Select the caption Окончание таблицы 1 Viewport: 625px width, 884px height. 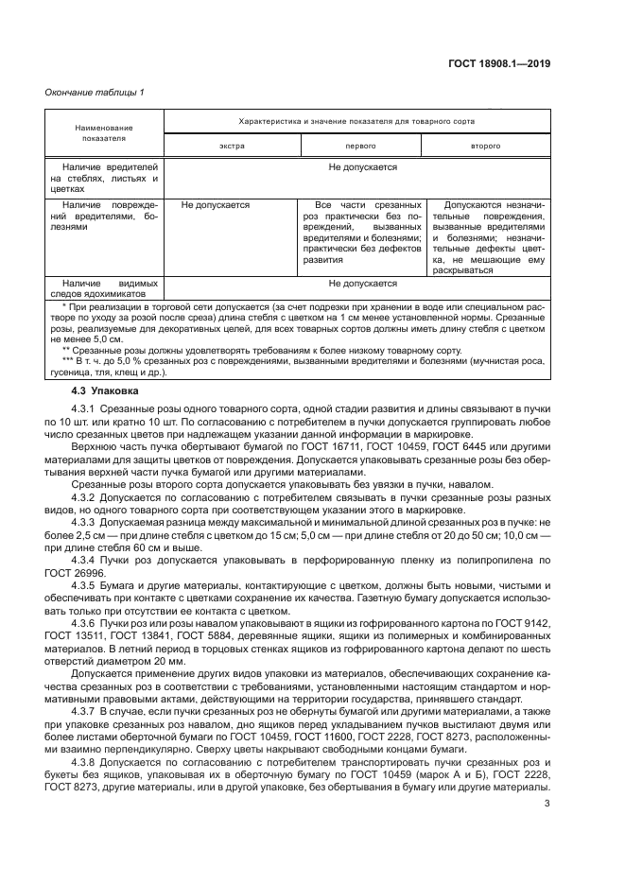pyautogui.click(x=95, y=92)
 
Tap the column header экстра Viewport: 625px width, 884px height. pyautogui.click(x=233, y=147)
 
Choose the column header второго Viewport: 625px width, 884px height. pyautogui.click(x=486, y=147)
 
